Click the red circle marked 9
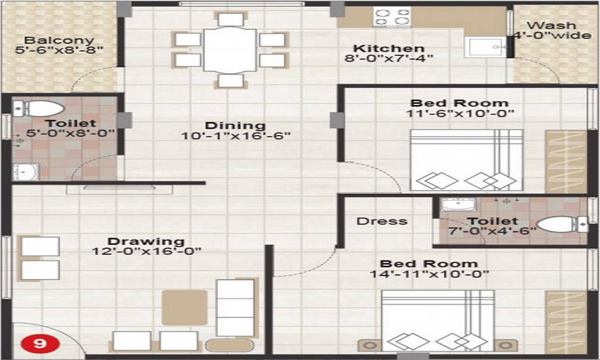coord(40,344)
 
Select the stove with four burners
coord(392,16)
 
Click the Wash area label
coord(551,26)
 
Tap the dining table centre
coord(230,50)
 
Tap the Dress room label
coord(382,221)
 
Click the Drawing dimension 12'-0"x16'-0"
coord(147,251)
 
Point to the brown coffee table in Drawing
coord(185,307)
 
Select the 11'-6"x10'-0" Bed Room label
coord(460,103)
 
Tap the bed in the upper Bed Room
coord(466,160)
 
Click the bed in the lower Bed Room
coord(439,320)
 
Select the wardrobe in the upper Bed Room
coord(565,160)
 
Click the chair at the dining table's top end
coord(230,19)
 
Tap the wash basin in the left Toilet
coord(25,172)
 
